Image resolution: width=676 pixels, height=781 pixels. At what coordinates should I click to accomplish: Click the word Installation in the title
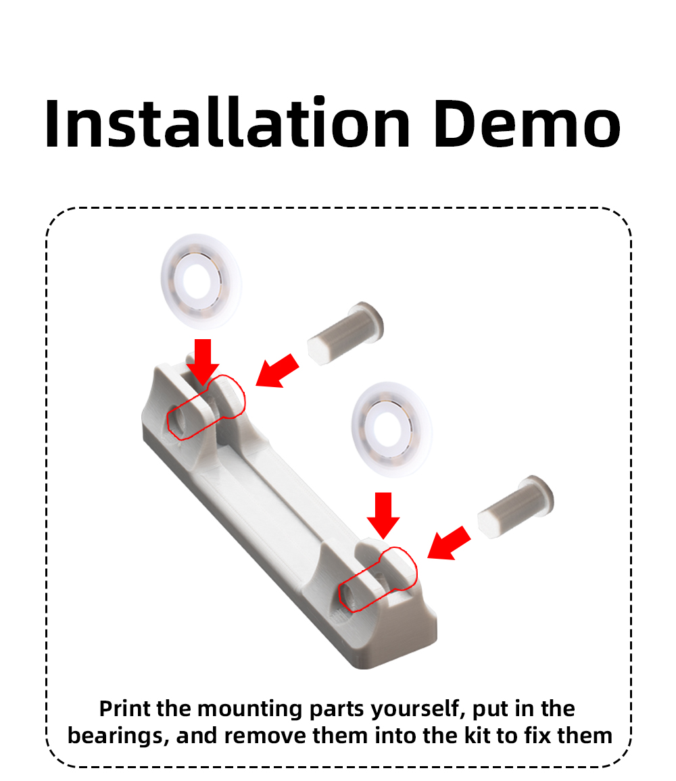click(227, 123)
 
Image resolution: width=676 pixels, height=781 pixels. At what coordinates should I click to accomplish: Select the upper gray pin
click(345, 332)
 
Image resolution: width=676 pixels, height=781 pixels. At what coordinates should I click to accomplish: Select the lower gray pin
click(516, 507)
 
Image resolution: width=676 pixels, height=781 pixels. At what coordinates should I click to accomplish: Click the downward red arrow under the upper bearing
click(203, 361)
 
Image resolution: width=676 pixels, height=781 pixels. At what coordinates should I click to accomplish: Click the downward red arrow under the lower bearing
click(383, 515)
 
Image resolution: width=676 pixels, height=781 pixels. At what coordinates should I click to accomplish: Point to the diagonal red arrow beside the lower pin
click(449, 543)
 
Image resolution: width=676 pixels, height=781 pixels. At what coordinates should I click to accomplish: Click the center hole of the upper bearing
click(197, 280)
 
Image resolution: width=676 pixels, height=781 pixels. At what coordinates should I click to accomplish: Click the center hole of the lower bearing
click(388, 428)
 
